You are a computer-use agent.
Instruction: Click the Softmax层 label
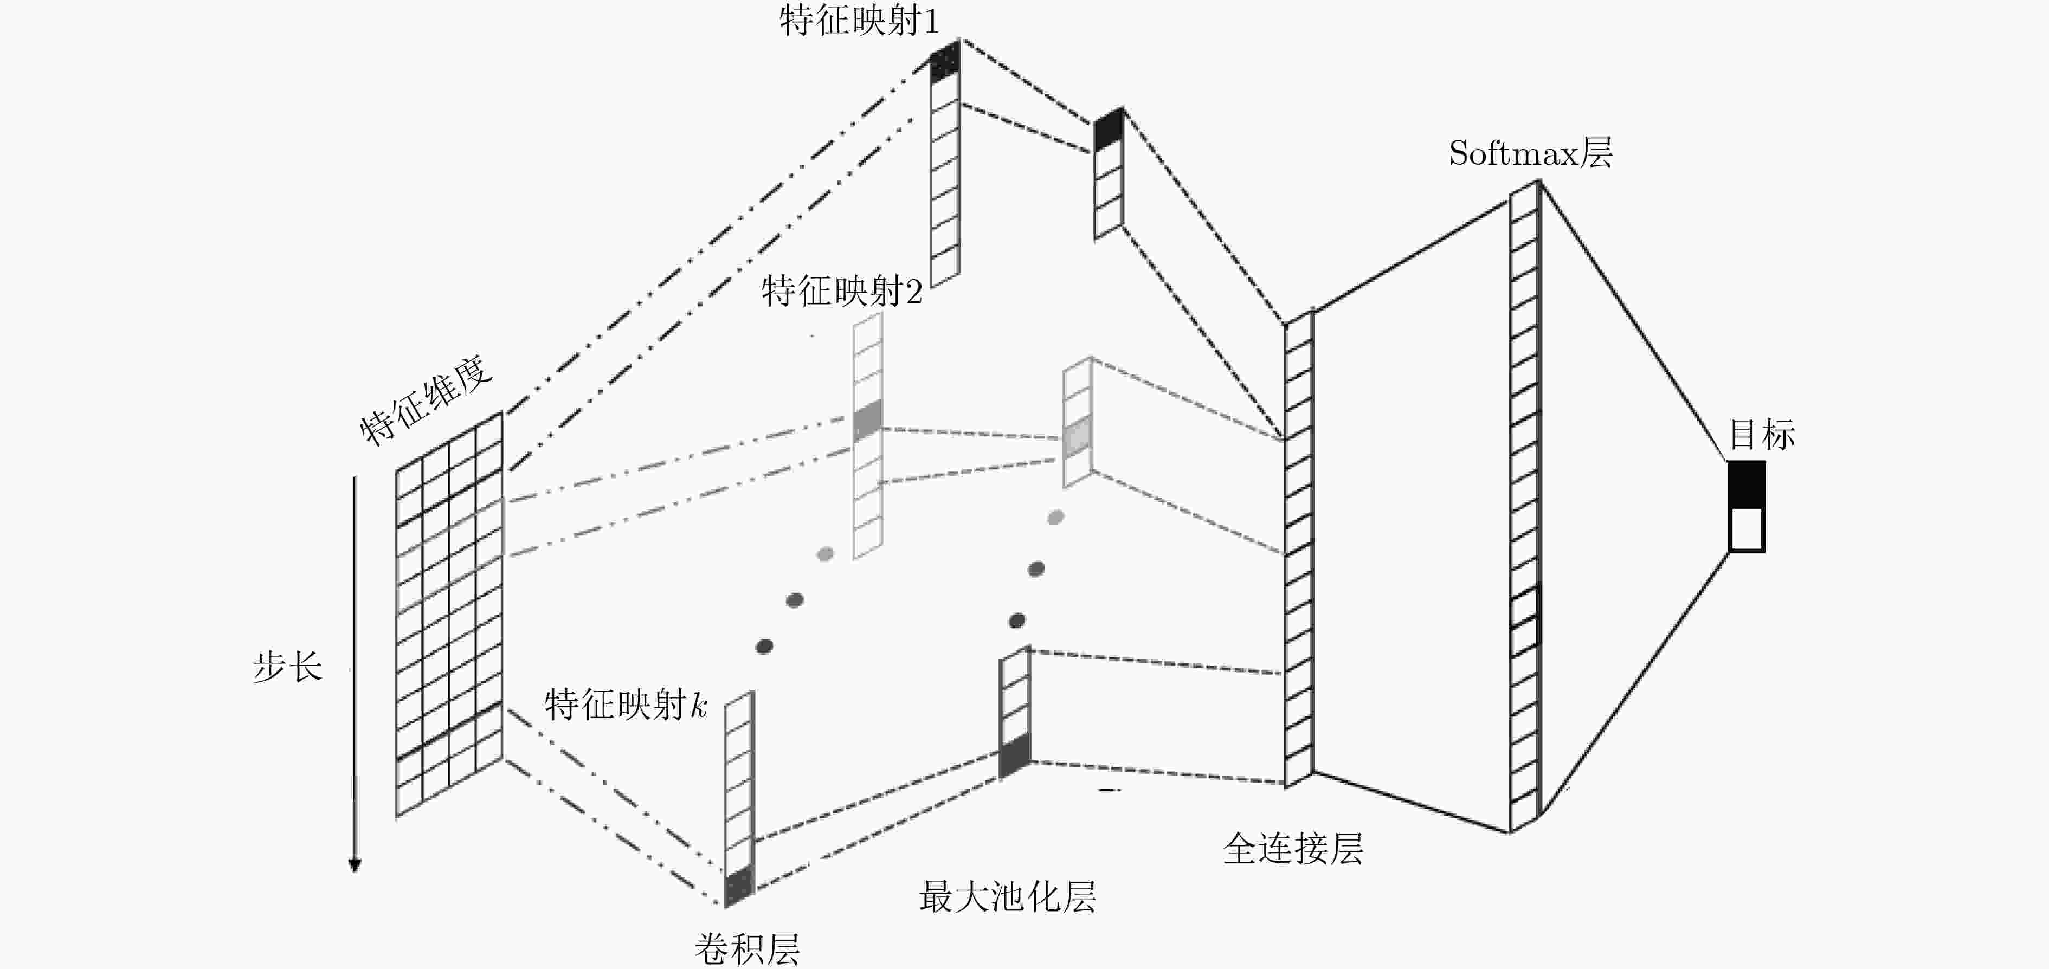tap(1530, 153)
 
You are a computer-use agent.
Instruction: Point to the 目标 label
tap(1762, 435)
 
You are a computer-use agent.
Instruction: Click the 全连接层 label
tap(1293, 849)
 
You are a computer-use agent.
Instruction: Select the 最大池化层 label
tap(1008, 896)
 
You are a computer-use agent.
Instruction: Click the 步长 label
tap(287, 666)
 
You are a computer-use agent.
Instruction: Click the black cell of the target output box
tap(1747, 484)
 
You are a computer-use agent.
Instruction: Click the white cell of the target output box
tap(1747, 529)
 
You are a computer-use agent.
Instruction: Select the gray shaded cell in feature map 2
tap(868, 421)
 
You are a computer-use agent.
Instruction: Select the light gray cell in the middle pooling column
tap(1078, 437)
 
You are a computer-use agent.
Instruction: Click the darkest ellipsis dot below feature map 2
tap(764, 646)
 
